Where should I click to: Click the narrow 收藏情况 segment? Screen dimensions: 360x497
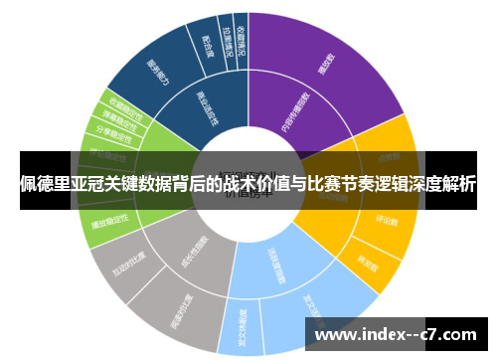point(240,32)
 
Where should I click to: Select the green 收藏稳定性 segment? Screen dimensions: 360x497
point(123,103)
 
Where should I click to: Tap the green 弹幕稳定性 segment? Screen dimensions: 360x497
point(110,117)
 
